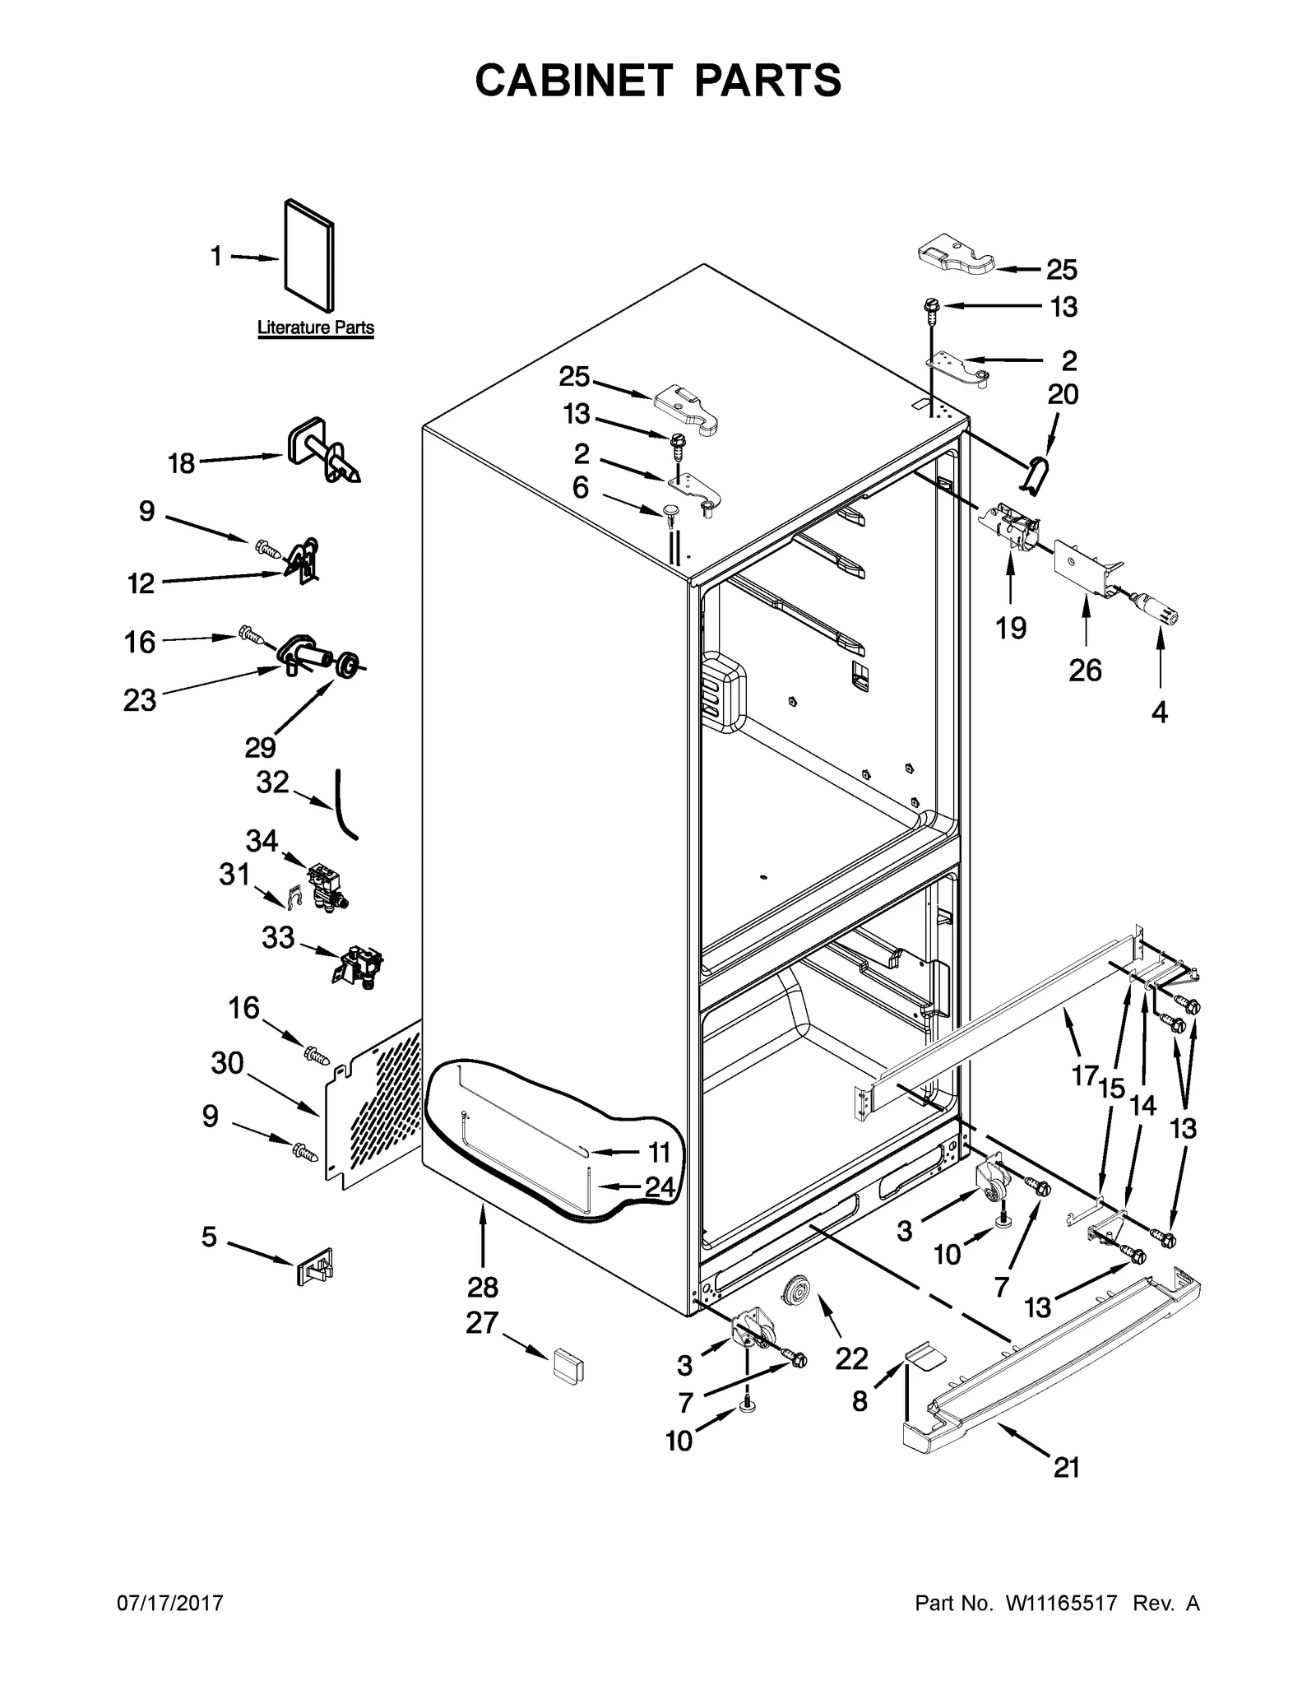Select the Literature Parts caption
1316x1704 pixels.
point(316,327)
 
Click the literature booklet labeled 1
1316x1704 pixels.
point(309,259)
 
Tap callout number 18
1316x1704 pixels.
point(181,464)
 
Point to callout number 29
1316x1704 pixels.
point(260,747)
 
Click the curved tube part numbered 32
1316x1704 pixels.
point(345,805)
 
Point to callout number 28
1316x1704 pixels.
point(483,1286)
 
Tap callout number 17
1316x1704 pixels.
point(1085,1074)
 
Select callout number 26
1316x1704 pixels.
point(1085,671)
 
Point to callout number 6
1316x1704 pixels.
point(581,488)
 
